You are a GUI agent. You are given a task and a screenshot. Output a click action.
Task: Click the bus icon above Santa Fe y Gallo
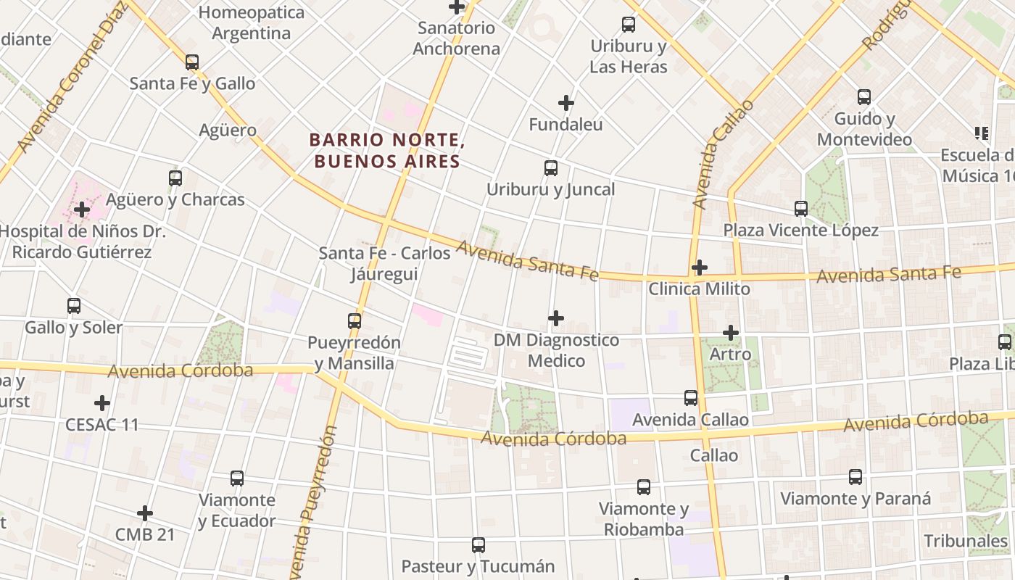tap(191, 62)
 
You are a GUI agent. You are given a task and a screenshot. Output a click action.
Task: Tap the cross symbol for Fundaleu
tap(566, 103)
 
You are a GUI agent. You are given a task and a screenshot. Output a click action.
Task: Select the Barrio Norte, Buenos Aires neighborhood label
tap(386, 150)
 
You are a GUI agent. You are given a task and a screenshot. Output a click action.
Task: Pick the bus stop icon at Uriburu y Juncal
tap(551, 168)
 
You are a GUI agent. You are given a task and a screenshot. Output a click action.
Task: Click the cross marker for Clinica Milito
tap(699, 268)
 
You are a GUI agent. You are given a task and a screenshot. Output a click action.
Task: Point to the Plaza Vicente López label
tap(800, 231)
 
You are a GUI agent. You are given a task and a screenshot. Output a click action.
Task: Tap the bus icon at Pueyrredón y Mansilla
tap(354, 320)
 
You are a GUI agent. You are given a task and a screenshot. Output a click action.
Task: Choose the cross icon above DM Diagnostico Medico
tap(556, 318)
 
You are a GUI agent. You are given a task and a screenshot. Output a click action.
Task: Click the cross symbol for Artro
tap(731, 333)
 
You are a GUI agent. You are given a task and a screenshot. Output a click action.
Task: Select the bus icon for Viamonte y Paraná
tap(855, 477)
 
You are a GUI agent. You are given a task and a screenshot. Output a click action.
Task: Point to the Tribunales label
tap(965, 541)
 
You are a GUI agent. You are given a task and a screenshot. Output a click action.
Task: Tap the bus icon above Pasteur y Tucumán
tap(478, 544)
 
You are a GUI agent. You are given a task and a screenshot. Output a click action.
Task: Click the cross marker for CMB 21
tap(145, 513)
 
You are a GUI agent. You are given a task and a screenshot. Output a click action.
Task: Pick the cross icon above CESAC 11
tap(102, 402)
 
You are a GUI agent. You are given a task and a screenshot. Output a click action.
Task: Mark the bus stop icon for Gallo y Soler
tap(74, 306)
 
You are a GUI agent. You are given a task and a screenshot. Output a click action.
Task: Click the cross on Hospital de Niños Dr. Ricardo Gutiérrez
tap(82, 210)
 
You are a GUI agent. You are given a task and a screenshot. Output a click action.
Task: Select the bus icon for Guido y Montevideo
tap(863, 97)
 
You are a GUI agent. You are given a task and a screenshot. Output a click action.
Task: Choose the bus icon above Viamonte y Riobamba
tap(643, 487)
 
